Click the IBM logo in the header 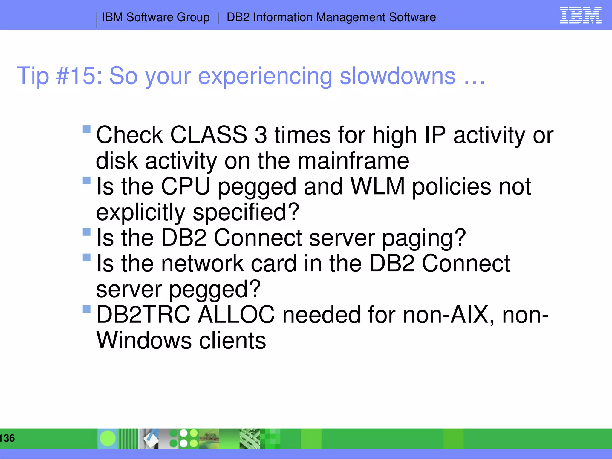pyautogui.click(x=580, y=15)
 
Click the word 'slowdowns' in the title pyautogui.click(x=397, y=76)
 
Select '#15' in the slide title pyautogui.click(x=76, y=76)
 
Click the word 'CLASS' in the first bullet pyautogui.click(x=209, y=135)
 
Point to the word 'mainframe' pyautogui.click(x=353, y=161)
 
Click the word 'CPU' pyautogui.click(x=185, y=186)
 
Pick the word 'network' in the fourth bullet pyautogui.click(x=202, y=264)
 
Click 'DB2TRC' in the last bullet pyautogui.click(x=143, y=315)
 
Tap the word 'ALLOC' pyautogui.click(x=236, y=315)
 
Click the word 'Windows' pyautogui.click(x=144, y=341)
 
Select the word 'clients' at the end pyautogui.click(x=232, y=341)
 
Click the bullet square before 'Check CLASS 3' pyautogui.click(x=86, y=129)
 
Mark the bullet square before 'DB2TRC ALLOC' pyautogui.click(x=86, y=309)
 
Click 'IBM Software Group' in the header pyautogui.click(x=156, y=17)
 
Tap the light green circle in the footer pyautogui.click(x=108, y=438)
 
